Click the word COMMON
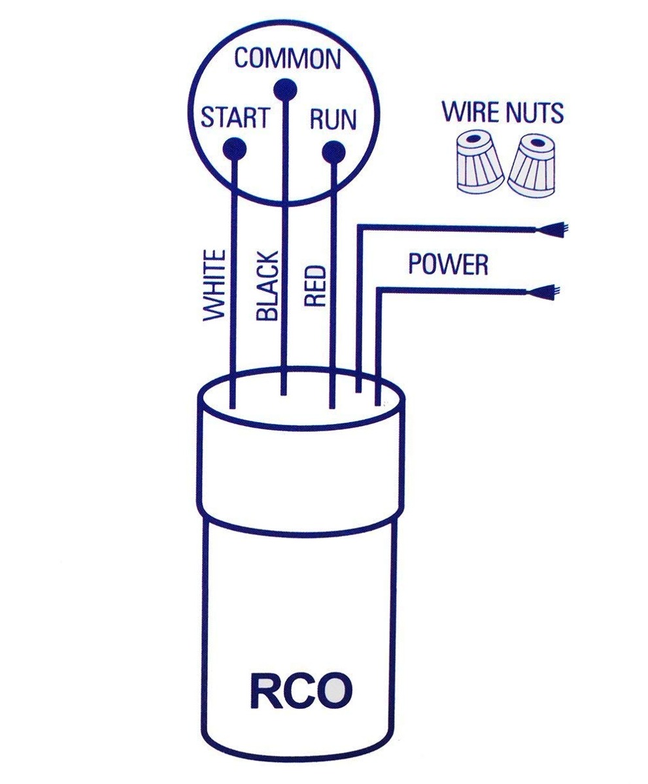(x=288, y=59)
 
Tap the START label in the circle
(x=234, y=118)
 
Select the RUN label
(x=333, y=120)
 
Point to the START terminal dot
(x=234, y=148)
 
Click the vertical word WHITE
(x=214, y=285)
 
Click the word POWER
(x=448, y=264)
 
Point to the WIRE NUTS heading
(x=502, y=112)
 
